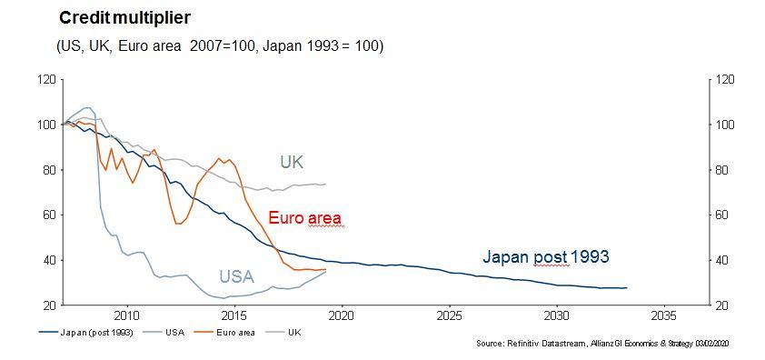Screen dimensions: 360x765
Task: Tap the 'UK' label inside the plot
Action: pos(291,162)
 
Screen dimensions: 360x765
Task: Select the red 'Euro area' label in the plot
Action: pos(304,218)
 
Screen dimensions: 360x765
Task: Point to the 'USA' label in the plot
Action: pos(235,276)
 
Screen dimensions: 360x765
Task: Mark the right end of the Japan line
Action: pos(627,288)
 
